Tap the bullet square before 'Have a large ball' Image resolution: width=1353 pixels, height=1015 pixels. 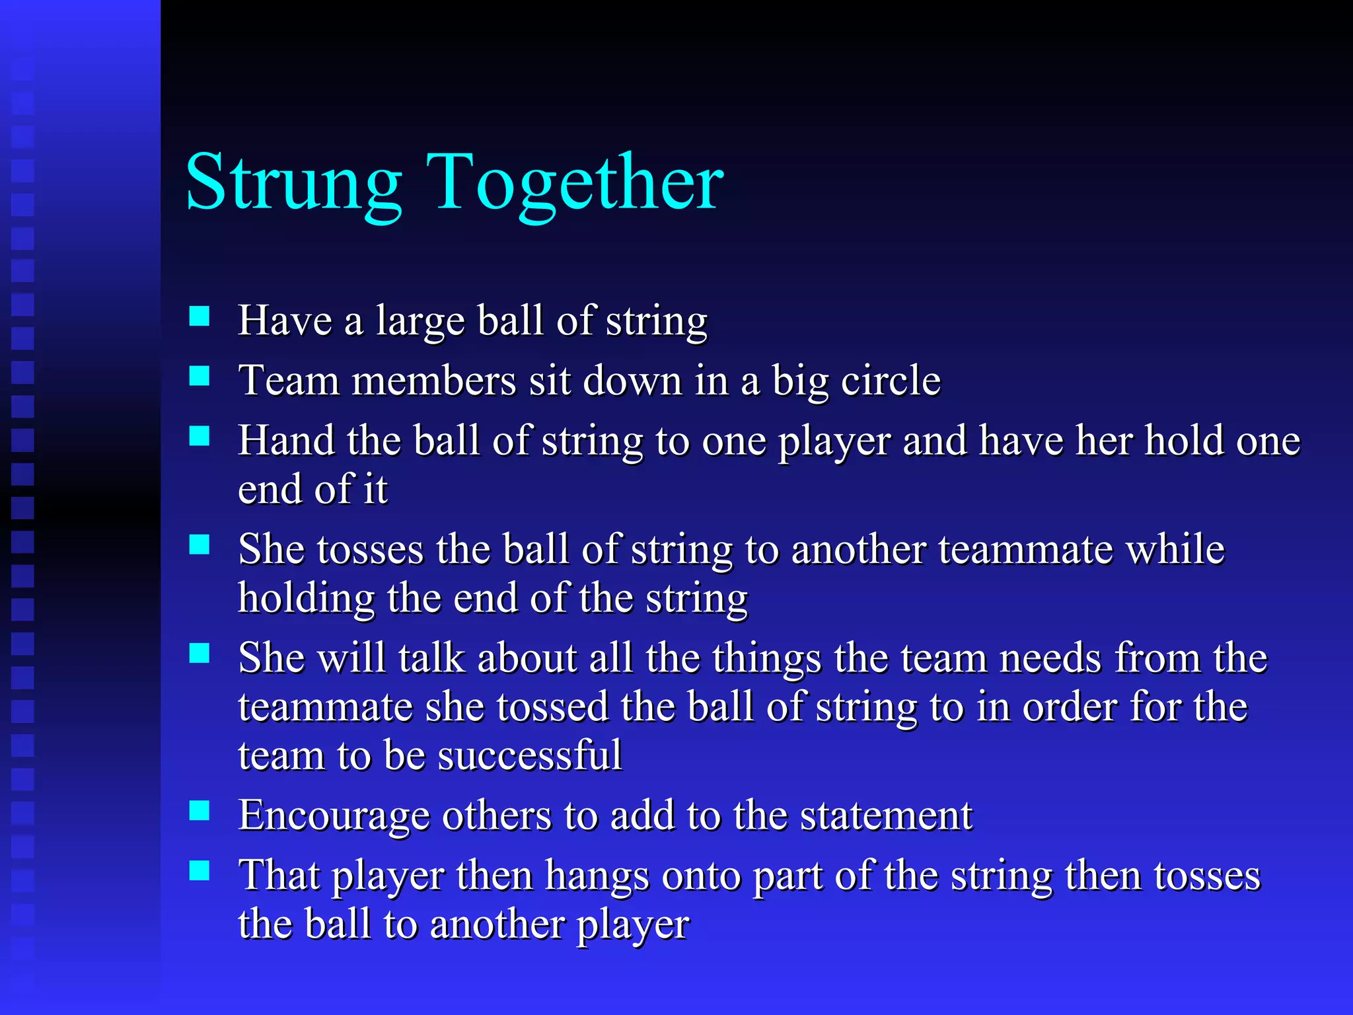(200, 317)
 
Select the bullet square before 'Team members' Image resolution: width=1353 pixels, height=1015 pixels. (200, 376)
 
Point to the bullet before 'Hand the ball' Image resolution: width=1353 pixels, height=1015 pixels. (200, 436)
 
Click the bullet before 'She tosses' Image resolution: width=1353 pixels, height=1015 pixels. (200, 545)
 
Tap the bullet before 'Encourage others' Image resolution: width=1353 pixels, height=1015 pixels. (200, 810)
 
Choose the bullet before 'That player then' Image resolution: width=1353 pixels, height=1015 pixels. (200, 870)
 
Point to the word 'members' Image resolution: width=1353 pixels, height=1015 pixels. (433, 381)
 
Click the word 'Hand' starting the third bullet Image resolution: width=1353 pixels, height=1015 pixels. (286, 441)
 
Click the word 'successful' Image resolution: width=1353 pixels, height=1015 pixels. (529, 755)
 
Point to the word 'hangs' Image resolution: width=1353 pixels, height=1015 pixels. (597, 876)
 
